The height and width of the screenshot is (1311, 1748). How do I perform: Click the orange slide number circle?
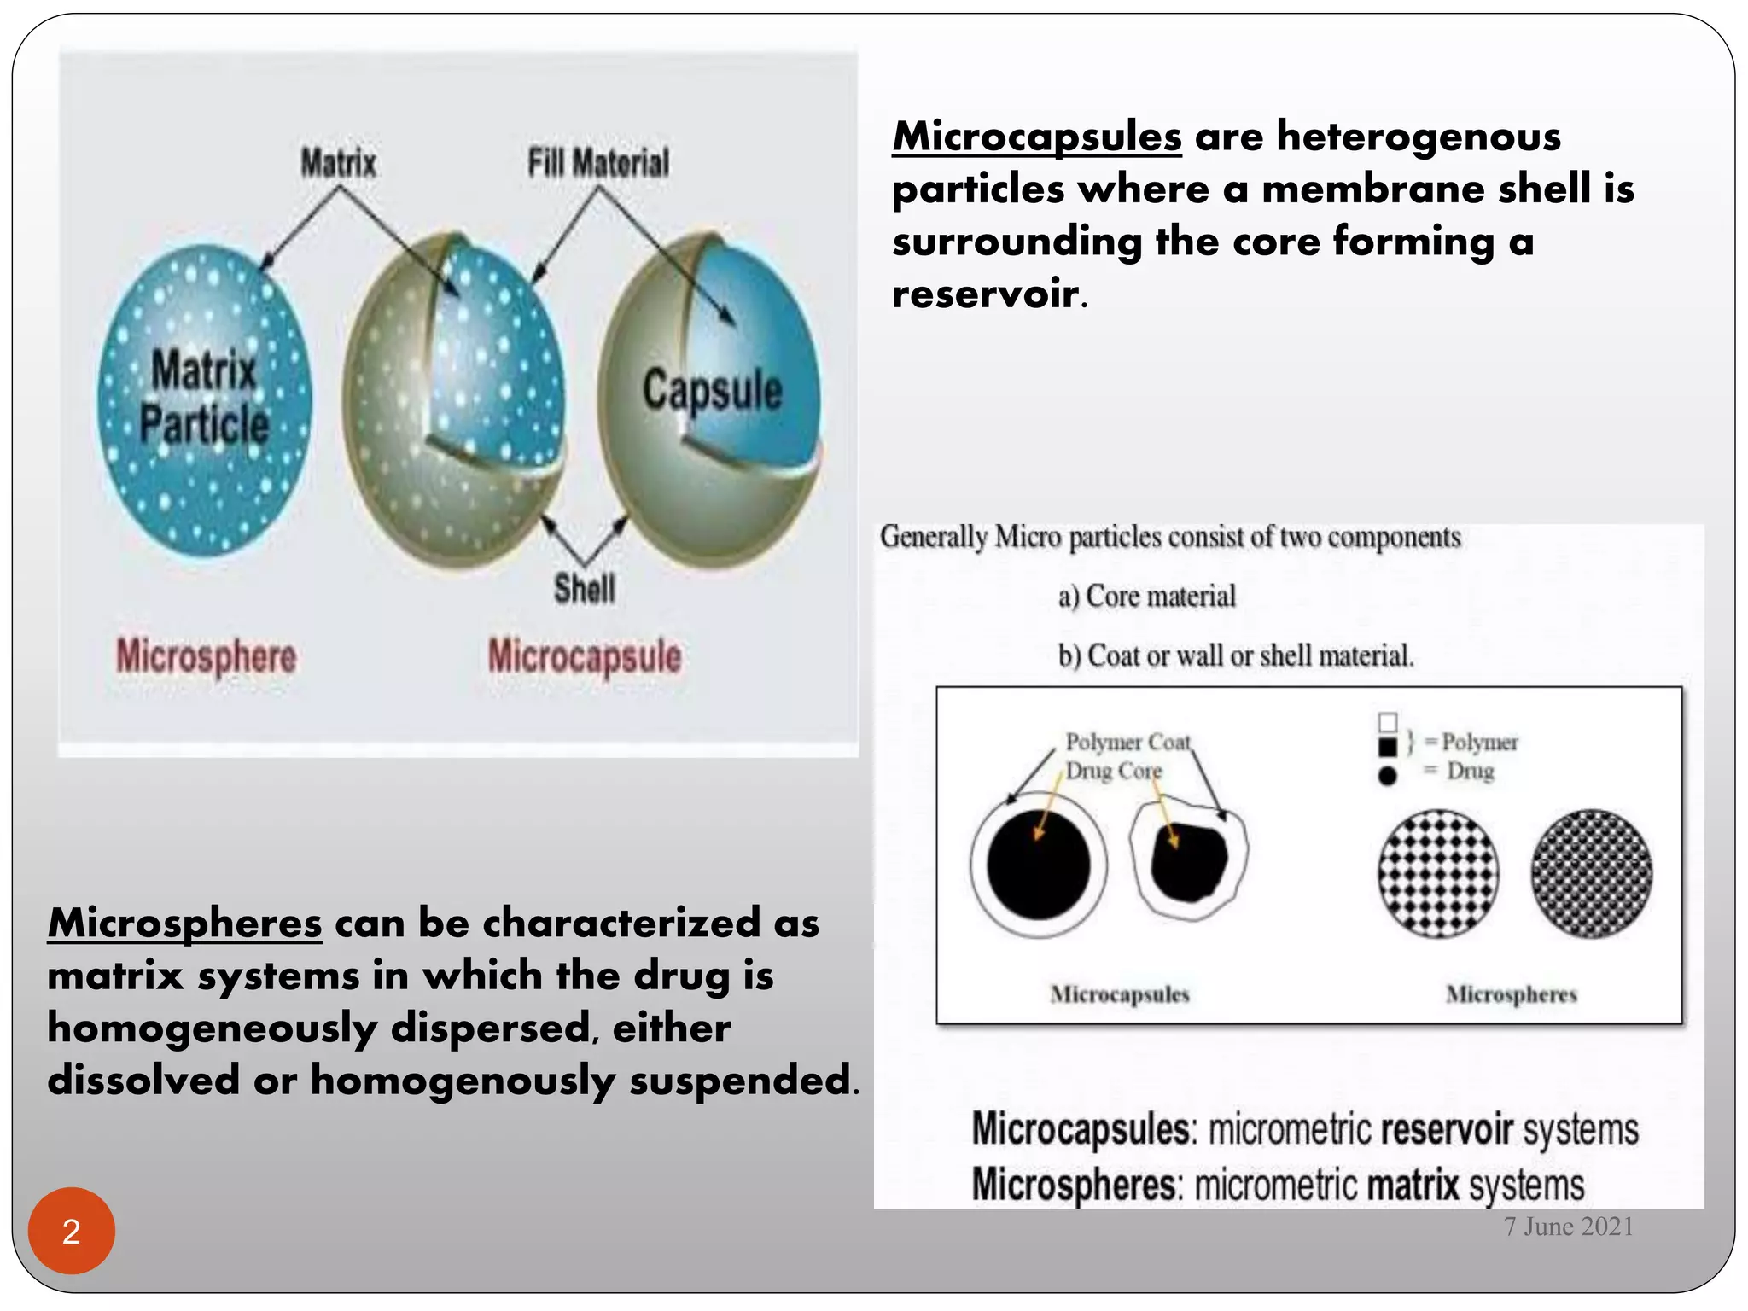point(72,1231)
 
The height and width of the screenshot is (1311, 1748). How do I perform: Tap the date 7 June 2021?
point(1569,1227)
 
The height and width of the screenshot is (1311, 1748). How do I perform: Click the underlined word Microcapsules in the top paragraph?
point(1037,137)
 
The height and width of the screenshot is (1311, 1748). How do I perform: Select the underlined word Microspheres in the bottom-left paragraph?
point(185,923)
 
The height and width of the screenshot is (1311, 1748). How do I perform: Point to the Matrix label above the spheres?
point(338,162)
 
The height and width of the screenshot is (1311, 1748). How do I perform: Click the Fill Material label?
point(598,162)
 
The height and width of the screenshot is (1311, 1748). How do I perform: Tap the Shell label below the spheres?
point(585,588)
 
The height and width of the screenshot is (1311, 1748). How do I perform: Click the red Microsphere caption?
point(207,656)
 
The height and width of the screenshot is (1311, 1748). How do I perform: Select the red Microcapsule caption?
point(585,656)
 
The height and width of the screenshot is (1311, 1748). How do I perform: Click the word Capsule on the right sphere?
point(713,390)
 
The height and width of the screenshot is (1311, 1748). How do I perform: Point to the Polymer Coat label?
point(1127,742)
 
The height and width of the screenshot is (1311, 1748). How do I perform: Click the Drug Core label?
point(1114,771)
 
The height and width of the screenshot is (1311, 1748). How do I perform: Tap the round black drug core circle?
point(1038,864)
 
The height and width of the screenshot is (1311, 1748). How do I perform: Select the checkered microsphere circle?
point(1438,873)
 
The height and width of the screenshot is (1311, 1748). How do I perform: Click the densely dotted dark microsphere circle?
point(1592,873)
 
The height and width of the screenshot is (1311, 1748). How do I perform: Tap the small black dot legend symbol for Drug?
point(1388,776)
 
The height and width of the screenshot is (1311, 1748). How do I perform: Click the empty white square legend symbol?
point(1388,723)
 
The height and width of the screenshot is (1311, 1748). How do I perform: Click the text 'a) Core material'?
point(1146,596)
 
